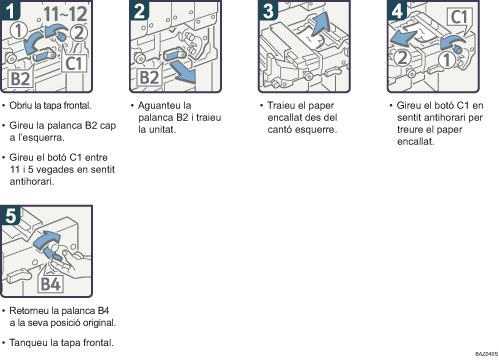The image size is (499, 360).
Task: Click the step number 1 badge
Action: pyautogui.click(x=10, y=10)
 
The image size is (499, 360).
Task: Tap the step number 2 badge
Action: pyautogui.click(x=139, y=10)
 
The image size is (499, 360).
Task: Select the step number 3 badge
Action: pyautogui.click(x=268, y=10)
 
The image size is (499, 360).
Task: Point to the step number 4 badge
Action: pyautogui.click(x=397, y=10)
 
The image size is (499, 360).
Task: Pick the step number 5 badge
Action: pyautogui.click(x=10, y=215)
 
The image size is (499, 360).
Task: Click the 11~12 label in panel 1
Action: pyautogui.click(x=65, y=14)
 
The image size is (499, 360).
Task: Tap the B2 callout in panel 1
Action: pyautogui.click(x=21, y=79)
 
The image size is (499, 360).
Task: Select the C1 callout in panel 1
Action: pyautogui.click(x=74, y=63)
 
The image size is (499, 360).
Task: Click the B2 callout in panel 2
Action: pyautogui.click(x=150, y=77)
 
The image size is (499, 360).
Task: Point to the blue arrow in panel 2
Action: pyautogui.click(x=182, y=73)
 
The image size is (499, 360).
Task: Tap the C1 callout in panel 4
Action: pyautogui.click(x=459, y=17)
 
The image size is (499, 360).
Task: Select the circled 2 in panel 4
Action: pyautogui.click(x=403, y=57)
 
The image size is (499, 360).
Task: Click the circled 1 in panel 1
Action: pyautogui.click(x=18, y=31)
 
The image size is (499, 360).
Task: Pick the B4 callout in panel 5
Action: pyautogui.click(x=50, y=284)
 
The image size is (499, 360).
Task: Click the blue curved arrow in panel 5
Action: pyautogui.click(x=47, y=242)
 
